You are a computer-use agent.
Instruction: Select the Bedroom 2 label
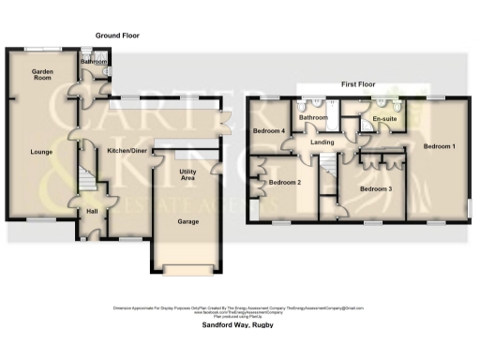click(285, 181)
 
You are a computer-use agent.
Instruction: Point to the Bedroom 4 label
click(269, 131)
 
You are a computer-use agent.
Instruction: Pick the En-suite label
click(382, 120)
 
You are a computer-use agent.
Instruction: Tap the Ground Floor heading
click(117, 35)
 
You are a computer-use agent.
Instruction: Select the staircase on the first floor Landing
click(329, 173)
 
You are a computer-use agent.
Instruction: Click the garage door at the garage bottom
click(188, 272)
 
